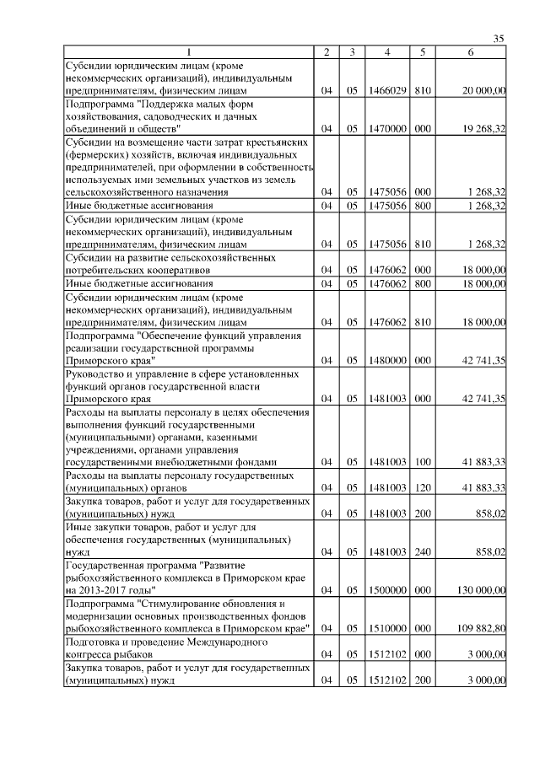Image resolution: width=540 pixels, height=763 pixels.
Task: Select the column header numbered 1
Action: [x=188, y=52]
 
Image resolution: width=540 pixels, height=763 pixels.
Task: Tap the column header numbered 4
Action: [x=386, y=52]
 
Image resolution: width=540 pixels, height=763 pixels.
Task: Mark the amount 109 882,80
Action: [x=479, y=629]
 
